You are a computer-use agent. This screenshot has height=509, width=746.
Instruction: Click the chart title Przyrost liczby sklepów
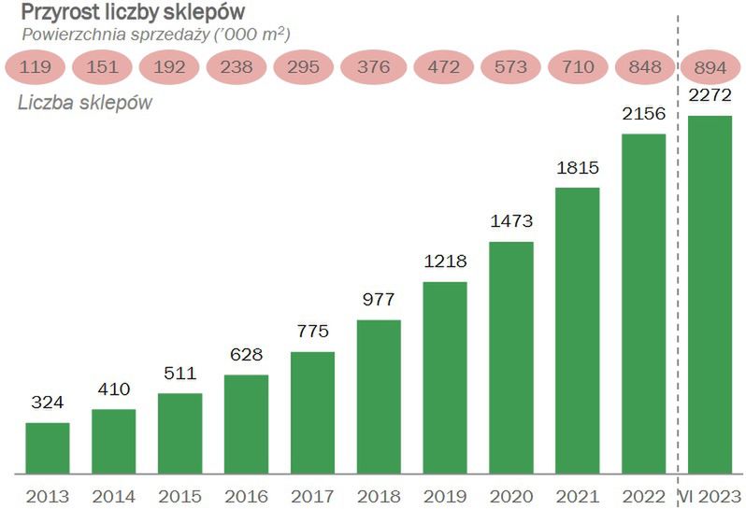[134, 12]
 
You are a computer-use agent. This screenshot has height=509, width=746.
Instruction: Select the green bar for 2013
[47, 448]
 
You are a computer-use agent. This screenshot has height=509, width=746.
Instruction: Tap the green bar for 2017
[312, 413]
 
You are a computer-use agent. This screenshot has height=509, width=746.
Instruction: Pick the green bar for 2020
[511, 358]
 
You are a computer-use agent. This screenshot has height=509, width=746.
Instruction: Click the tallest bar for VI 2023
[710, 294]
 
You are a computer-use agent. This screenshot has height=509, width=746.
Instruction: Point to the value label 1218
[445, 262]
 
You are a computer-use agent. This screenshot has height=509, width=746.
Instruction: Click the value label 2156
[643, 114]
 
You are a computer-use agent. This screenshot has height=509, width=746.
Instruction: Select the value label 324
[47, 403]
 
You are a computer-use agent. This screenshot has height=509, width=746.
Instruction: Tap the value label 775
[312, 332]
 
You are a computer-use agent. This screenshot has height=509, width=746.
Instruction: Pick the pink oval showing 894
[710, 67]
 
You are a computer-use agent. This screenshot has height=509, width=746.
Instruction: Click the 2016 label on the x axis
[246, 496]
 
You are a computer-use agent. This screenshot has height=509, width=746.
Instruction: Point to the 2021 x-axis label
[577, 496]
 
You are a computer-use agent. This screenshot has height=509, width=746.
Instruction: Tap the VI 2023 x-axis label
[710, 496]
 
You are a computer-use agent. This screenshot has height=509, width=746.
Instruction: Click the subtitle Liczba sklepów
[85, 103]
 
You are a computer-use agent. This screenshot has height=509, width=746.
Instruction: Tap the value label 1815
[577, 168]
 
